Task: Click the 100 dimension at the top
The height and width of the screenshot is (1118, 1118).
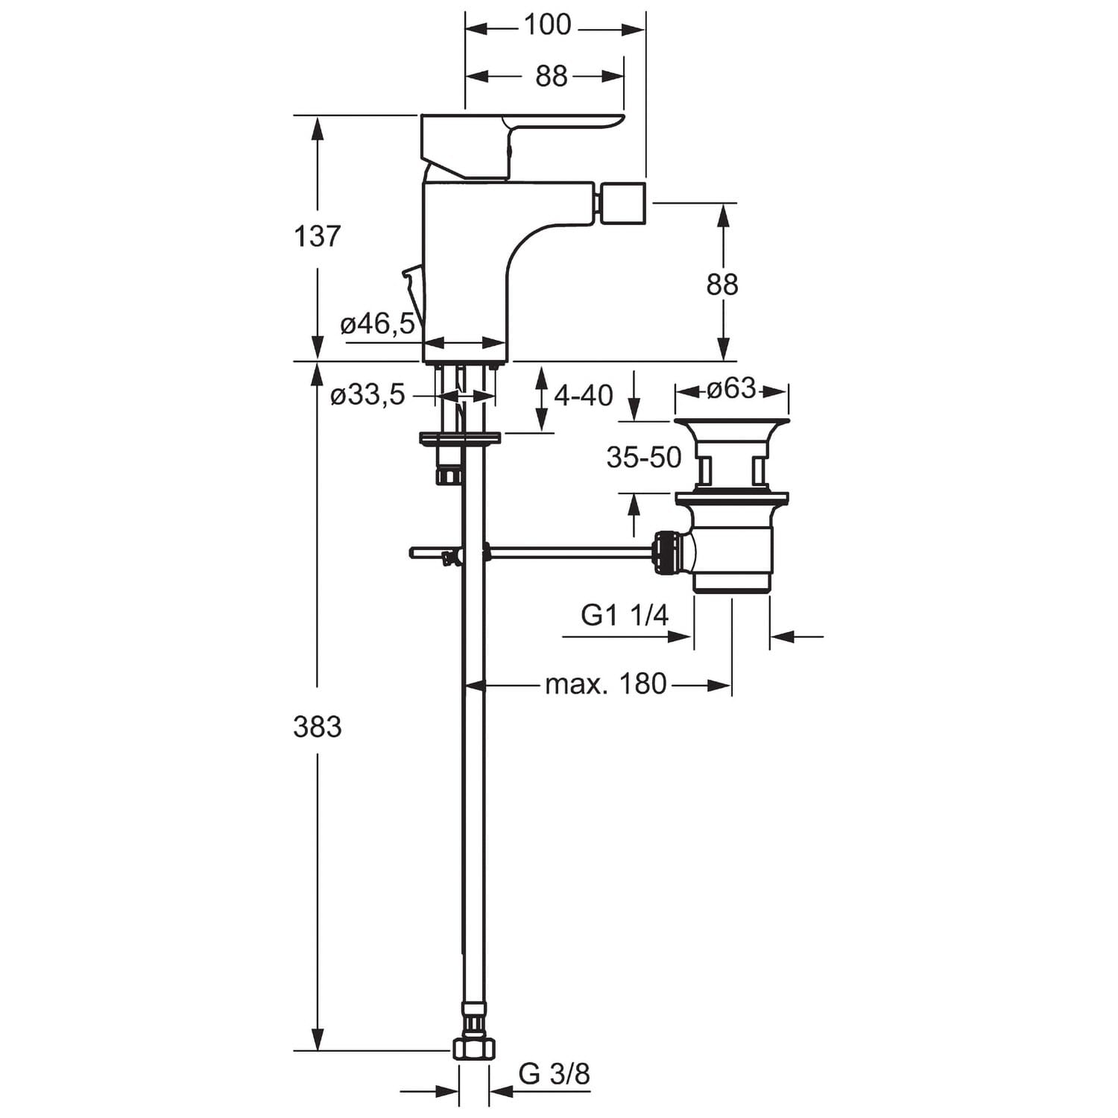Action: click(x=547, y=25)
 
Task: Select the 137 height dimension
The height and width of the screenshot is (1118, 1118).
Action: click(x=318, y=237)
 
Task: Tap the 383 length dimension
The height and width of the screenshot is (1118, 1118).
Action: click(x=318, y=726)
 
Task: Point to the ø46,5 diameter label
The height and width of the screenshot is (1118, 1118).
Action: click(x=377, y=324)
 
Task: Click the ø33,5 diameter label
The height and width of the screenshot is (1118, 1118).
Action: click(x=367, y=395)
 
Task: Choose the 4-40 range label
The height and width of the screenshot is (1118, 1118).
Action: click(x=584, y=395)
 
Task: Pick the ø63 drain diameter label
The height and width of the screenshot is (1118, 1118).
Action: click(x=731, y=388)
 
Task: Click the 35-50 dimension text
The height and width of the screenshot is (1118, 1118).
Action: click(x=644, y=457)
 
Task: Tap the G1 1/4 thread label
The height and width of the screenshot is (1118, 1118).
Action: click(x=625, y=616)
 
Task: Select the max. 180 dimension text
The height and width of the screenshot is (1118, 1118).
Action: click(x=605, y=683)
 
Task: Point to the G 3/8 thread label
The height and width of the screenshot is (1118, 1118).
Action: click(x=554, y=1074)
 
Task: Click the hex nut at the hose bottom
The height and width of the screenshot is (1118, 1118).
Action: click(x=473, y=1049)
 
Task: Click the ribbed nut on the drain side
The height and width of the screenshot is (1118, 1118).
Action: click(x=668, y=553)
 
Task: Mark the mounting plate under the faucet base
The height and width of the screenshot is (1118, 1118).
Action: click(x=460, y=438)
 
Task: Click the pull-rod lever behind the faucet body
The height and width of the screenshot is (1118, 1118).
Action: click(x=411, y=291)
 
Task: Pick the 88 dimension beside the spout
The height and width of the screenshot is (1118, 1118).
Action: click(x=721, y=284)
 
